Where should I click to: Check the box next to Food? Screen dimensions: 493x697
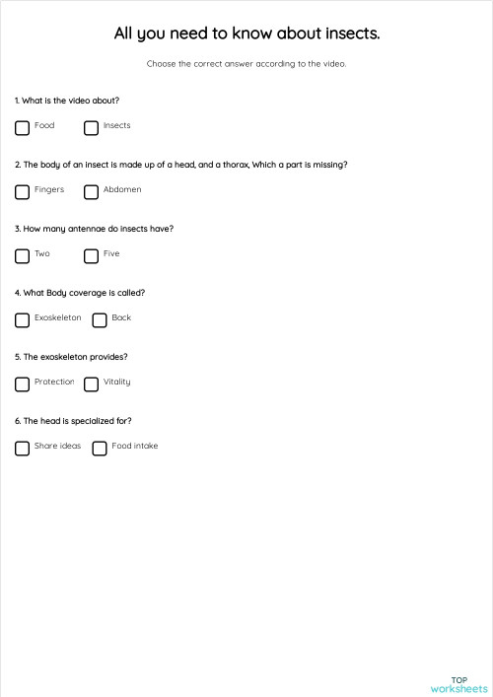(x=22, y=127)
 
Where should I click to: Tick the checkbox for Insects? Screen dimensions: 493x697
(x=91, y=127)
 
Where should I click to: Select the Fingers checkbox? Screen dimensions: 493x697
(x=22, y=191)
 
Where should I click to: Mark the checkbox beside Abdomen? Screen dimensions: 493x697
(x=91, y=191)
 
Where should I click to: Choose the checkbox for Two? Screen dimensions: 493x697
(x=22, y=255)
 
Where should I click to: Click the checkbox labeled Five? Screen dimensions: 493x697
(x=91, y=255)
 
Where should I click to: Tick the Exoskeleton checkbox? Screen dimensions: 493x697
(x=22, y=319)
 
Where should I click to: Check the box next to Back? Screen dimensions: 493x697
(x=99, y=319)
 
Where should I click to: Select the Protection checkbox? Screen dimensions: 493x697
(x=22, y=383)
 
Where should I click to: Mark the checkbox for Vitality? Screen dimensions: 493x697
(x=91, y=383)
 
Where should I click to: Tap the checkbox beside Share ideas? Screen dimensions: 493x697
(x=22, y=448)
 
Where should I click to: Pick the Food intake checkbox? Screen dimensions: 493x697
(x=99, y=448)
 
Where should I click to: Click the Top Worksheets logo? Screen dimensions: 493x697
(x=458, y=684)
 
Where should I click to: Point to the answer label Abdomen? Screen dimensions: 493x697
(x=122, y=189)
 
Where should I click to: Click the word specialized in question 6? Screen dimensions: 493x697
(x=86, y=421)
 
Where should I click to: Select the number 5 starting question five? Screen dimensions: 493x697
(x=17, y=357)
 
